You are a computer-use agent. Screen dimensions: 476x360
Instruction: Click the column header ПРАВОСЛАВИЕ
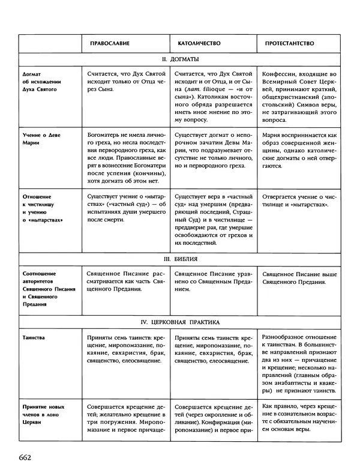(x=110, y=44)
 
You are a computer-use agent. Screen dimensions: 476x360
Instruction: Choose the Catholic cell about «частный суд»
(x=214, y=220)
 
